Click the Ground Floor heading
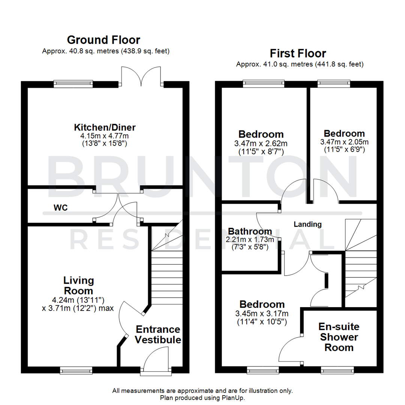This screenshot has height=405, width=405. (x=103, y=40)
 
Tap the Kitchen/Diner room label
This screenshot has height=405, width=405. (x=105, y=127)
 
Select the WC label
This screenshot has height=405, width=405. (x=60, y=207)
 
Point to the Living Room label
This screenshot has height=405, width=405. (x=78, y=285)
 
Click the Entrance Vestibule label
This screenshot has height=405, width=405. (x=158, y=334)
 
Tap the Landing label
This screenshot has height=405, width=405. (x=307, y=224)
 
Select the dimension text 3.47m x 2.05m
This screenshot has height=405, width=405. (x=344, y=142)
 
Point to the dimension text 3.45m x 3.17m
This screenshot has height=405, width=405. (x=262, y=313)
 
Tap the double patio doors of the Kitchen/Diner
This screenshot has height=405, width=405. (x=141, y=77)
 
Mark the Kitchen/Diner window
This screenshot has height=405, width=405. (x=73, y=84)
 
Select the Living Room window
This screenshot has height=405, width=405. (x=73, y=370)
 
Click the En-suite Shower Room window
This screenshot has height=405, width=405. (x=337, y=370)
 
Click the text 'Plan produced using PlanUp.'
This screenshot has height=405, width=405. (x=202, y=397)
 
